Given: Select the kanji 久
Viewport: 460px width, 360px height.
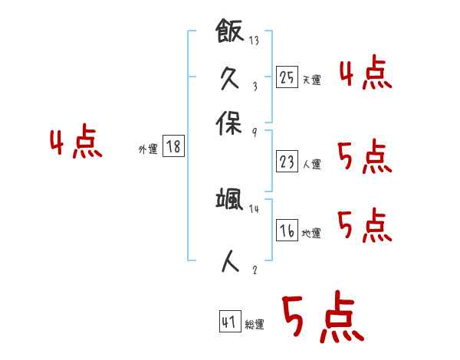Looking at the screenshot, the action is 229,77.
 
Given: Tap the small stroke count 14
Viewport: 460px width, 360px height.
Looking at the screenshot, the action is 255,209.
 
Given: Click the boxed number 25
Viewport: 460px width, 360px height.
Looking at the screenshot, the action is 287,77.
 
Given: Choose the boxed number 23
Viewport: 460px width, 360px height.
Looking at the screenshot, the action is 287,162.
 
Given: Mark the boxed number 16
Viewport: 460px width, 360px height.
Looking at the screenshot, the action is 287,231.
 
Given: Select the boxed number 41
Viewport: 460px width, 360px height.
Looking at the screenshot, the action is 229,322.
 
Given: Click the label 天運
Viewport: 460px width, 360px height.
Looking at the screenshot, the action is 311,80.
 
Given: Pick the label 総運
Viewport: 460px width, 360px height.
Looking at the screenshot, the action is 255,325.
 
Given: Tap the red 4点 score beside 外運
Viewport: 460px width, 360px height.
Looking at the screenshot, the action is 75,144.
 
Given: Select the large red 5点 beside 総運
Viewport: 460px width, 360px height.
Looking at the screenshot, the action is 322,319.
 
